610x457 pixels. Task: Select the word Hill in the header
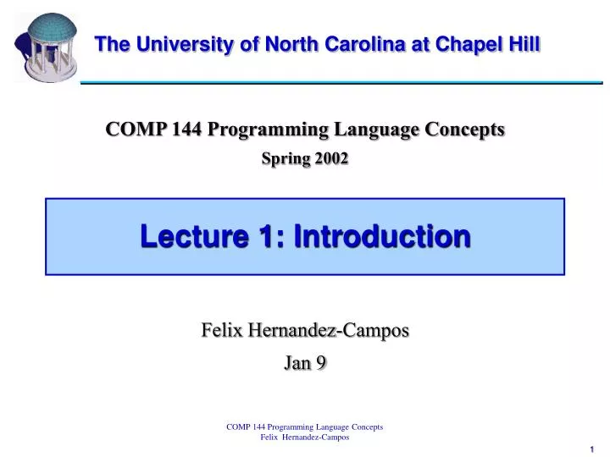click(x=524, y=45)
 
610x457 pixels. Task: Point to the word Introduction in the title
click(x=381, y=238)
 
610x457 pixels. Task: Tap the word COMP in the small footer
click(x=237, y=427)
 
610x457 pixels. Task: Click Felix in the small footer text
click(x=269, y=437)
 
